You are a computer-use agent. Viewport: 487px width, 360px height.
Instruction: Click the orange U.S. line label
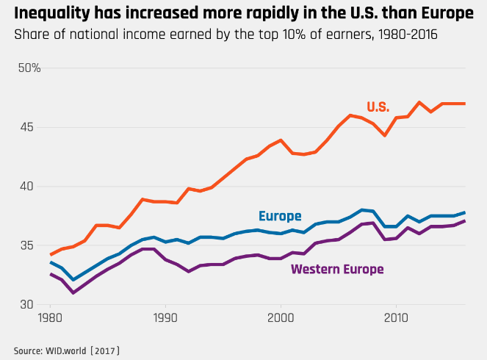pos(378,107)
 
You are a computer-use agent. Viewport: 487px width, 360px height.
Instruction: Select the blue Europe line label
pos(280,216)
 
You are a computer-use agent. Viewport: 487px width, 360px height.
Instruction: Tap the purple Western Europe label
pos(337,269)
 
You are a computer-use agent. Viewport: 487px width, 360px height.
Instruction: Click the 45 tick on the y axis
pos(29,127)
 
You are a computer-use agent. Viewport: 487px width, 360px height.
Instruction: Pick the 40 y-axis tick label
pos(29,186)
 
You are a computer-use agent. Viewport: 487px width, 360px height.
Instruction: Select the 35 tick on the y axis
pos(29,245)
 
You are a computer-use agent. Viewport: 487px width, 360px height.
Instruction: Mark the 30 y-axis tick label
pos(29,304)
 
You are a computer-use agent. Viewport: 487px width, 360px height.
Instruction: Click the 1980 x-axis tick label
pos(50,320)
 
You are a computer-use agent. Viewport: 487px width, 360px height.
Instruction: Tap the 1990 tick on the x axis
pos(165,320)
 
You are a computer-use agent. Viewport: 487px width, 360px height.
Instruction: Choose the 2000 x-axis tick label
pos(281,320)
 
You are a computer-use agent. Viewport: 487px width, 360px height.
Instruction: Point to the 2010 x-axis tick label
pos(396,320)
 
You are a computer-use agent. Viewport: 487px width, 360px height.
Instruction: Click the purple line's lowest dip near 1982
pos(73,292)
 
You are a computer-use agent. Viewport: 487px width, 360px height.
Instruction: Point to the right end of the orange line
pos(465,104)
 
